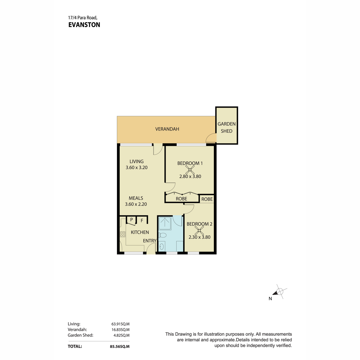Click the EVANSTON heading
[x=84, y=25]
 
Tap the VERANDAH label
[x=167, y=129]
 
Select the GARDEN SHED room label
[x=226, y=127]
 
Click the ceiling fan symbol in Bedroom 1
[x=190, y=169]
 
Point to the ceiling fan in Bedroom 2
[x=199, y=230]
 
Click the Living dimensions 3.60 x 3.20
[x=136, y=168]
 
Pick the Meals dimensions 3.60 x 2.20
[x=136, y=204]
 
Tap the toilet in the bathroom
[x=162, y=235]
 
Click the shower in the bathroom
[x=165, y=223]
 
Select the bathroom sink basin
[x=162, y=246]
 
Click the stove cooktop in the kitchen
[x=123, y=234]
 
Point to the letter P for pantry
[x=131, y=220]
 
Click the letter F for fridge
[x=142, y=220]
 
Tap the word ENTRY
[x=150, y=241]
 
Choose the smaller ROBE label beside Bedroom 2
[x=207, y=199]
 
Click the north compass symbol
[x=279, y=292]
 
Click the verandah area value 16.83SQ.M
[x=121, y=330]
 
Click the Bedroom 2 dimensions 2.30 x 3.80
[x=199, y=237]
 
